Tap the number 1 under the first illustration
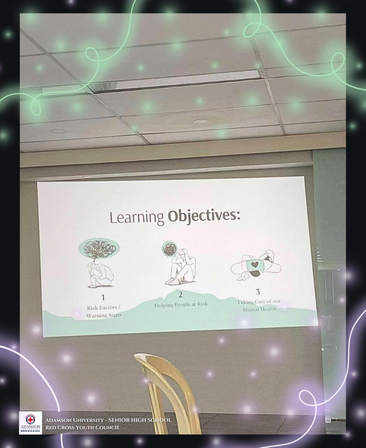pyautogui.click(x=103, y=297)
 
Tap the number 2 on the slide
pyautogui.click(x=180, y=294)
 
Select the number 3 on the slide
pyautogui.click(x=258, y=292)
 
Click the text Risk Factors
pyautogui.click(x=102, y=308)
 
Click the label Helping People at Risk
pyautogui.click(x=181, y=305)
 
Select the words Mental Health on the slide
pyautogui.click(x=259, y=309)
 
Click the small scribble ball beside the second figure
pyautogui.click(x=169, y=248)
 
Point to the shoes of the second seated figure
pyautogui.click(x=174, y=281)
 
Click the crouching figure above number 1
pyautogui.click(x=100, y=275)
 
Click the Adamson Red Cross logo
pyautogui.click(x=30, y=423)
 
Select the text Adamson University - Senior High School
pyautogui.click(x=109, y=420)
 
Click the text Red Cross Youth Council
pyautogui.click(x=83, y=427)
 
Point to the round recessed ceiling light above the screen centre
pyautogui.click(x=201, y=122)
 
